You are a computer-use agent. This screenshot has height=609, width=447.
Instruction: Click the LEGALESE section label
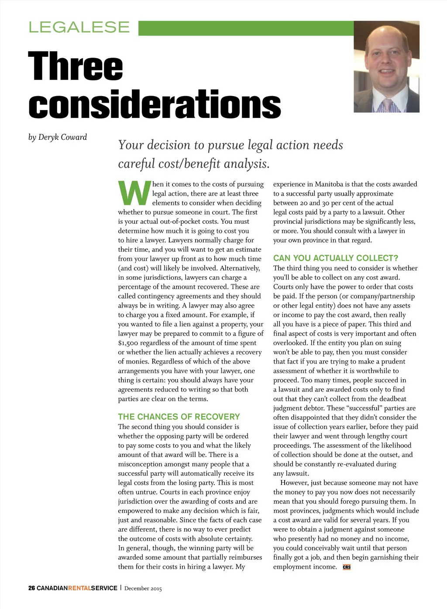(79, 27)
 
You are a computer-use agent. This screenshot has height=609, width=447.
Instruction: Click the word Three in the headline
(76, 66)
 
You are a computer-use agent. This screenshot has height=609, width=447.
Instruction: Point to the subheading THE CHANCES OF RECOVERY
(179, 417)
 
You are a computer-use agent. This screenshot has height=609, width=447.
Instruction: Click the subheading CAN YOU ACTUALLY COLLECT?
(336, 258)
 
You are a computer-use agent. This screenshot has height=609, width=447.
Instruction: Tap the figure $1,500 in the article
(128, 343)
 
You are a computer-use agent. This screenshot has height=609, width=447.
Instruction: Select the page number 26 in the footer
(31, 588)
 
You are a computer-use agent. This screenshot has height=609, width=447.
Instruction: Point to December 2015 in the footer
(143, 588)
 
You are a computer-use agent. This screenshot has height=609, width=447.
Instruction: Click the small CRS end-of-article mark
(347, 567)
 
